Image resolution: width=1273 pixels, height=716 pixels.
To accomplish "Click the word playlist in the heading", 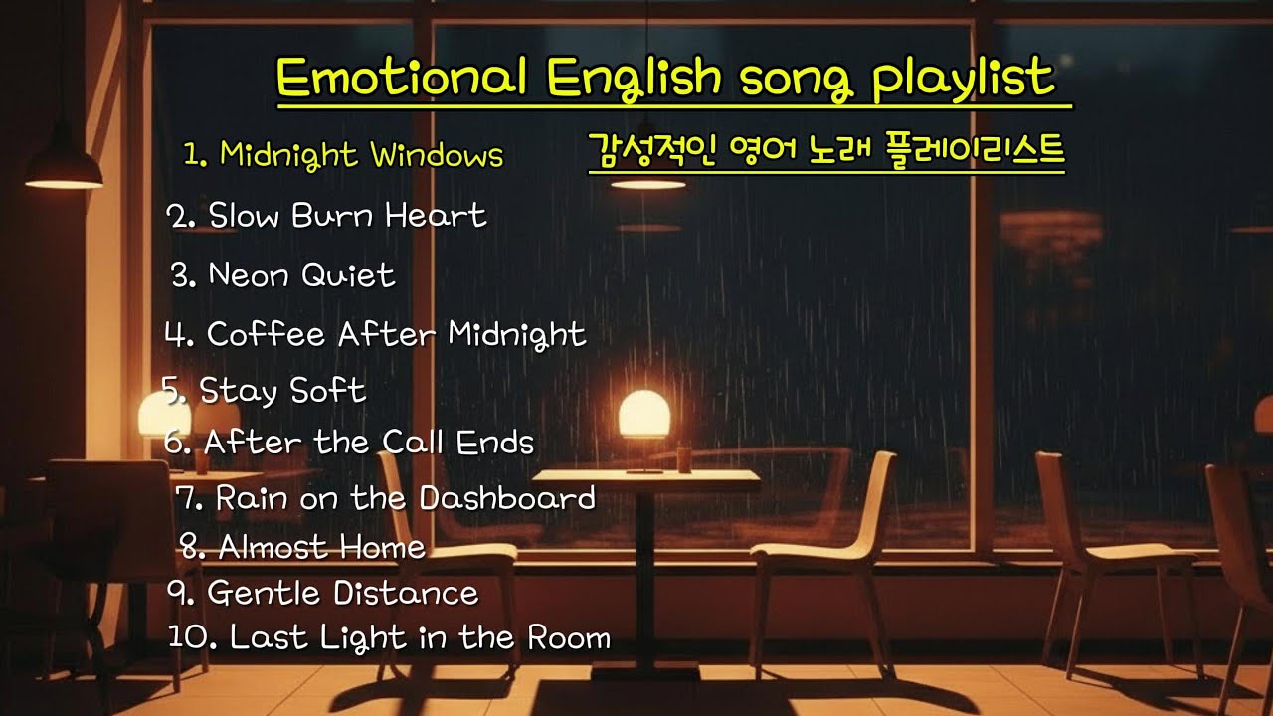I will tap(962, 79).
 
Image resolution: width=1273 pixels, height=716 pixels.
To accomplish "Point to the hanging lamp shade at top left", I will tap(64, 169).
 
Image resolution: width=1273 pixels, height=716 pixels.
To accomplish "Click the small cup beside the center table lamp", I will tap(684, 458).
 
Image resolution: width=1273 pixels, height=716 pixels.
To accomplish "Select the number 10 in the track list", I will tap(187, 637).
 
